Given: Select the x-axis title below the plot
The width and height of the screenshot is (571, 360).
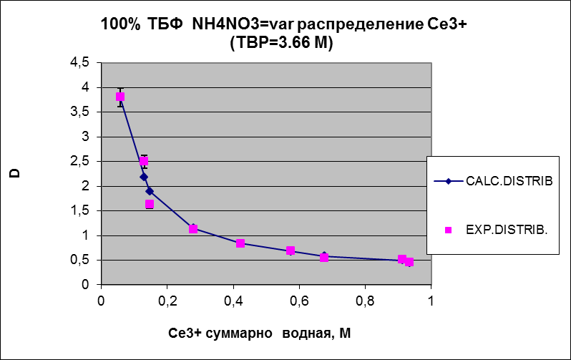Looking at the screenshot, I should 260,334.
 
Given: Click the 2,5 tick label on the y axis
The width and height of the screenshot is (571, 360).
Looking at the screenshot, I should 79,161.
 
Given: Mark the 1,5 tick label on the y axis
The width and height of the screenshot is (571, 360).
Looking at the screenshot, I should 79,210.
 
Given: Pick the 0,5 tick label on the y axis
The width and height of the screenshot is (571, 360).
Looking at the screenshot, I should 79,260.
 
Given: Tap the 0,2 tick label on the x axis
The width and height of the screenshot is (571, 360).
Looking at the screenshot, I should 167,301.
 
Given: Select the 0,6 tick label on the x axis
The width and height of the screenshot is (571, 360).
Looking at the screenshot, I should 298,301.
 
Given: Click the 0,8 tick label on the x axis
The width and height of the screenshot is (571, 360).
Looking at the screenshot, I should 365,301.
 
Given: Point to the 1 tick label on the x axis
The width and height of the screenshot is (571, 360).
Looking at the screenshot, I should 431,301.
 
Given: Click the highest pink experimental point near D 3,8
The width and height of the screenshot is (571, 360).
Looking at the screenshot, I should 120,97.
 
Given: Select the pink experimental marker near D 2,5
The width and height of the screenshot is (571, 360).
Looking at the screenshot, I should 144,162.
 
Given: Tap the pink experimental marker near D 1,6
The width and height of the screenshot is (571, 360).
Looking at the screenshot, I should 150,205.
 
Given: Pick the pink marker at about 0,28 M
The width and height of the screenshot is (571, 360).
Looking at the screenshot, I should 193,229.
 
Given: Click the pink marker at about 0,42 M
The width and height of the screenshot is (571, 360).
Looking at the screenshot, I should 240,243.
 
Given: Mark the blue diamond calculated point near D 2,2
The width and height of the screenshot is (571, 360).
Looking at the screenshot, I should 144,177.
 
